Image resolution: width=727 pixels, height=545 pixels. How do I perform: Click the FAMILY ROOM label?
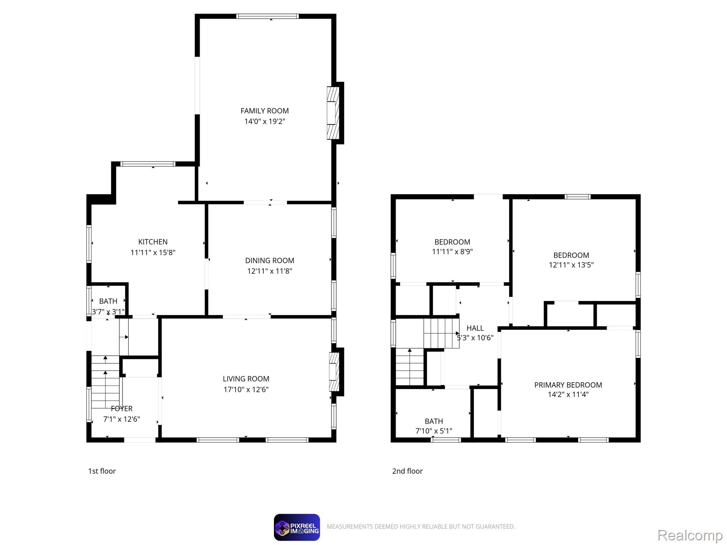(x=264, y=111)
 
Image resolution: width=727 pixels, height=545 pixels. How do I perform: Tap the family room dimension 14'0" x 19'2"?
(x=264, y=121)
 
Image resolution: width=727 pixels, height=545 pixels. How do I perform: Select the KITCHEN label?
(x=153, y=242)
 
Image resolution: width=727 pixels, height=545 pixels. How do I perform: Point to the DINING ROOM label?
(x=269, y=260)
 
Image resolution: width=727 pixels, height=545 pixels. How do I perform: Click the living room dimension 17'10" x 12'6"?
(x=246, y=390)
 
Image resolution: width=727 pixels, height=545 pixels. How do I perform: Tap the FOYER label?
(x=121, y=408)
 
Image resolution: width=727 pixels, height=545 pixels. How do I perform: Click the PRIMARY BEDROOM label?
(x=568, y=385)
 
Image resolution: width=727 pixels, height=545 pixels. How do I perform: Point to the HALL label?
(x=475, y=328)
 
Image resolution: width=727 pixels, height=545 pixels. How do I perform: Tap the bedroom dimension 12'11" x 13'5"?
(x=571, y=265)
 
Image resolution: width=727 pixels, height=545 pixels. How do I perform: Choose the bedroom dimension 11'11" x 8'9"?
(x=452, y=252)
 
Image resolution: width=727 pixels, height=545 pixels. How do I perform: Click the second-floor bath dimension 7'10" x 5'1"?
(x=434, y=431)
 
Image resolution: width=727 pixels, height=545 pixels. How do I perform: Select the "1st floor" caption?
(x=102, y=471)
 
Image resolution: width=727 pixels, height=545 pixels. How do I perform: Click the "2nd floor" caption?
(x=407, y=471)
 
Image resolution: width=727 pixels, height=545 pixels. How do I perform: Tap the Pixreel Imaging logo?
(x=297, y=527)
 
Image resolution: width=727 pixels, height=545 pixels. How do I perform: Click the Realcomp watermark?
(x=690, y=535)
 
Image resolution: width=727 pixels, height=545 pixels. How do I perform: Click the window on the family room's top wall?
(x=267, y=16)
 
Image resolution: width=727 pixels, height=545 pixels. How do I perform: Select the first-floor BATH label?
(x=108, y=301)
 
